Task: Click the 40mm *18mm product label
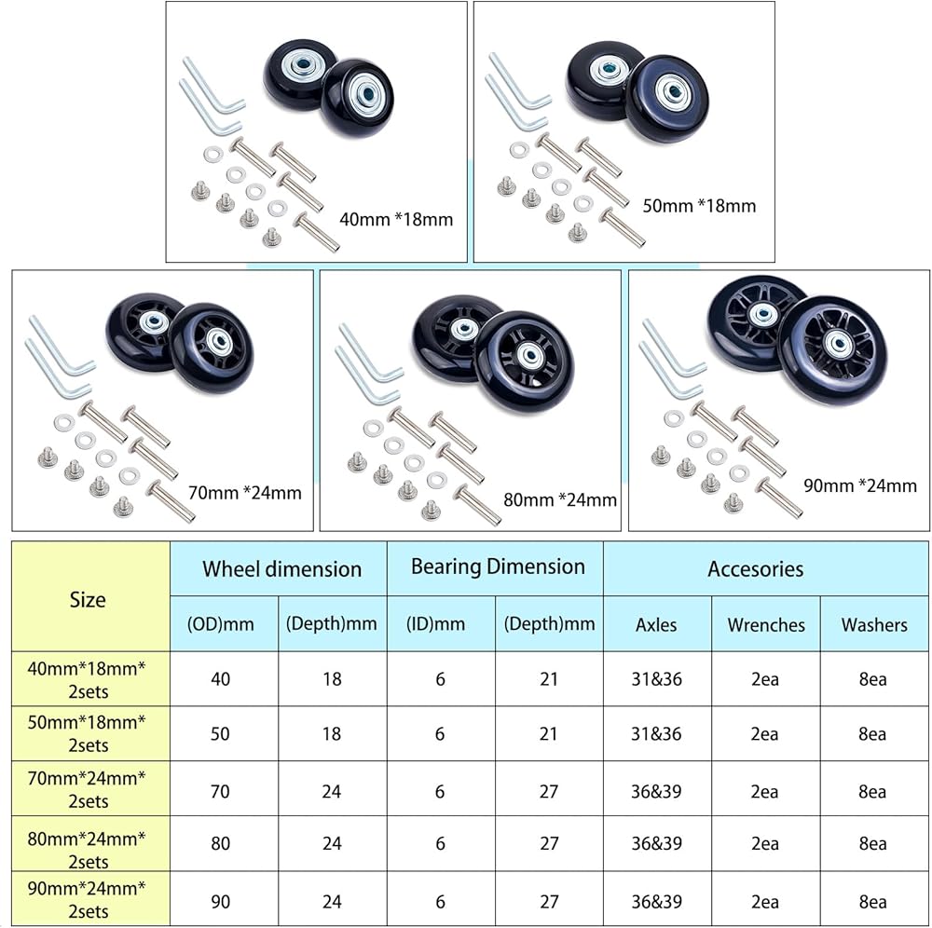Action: tap(396, 219)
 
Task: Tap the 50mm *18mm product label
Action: tap(699, 206)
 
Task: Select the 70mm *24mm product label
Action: tap(245, 493)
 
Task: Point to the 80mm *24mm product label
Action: tap(560, 499)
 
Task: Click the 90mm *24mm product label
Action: tap(860, 485)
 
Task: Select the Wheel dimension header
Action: tap(281, 568)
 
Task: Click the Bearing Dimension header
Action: tap(498, 566)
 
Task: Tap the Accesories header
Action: tap(756, 568)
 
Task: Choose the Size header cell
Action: tap(88, 599)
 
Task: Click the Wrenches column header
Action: tap(766, 624)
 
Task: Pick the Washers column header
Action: tap(874, 624)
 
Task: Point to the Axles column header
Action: tap(656, 624)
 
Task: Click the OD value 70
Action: tap(220, 791)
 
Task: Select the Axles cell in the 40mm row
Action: tap(657, 678)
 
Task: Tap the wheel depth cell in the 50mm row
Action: tap(332, 733)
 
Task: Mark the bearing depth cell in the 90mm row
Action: tap(549, 901)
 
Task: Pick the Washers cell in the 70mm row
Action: tap(872, 791)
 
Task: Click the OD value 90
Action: tap(220, 901)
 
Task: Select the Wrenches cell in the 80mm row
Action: tap(764, 843)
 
